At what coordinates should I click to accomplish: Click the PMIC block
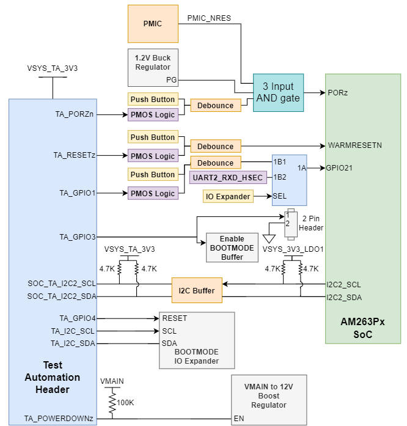(153, 23)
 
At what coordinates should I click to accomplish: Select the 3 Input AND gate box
(278, 93)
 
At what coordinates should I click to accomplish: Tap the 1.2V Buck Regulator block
(153, 67)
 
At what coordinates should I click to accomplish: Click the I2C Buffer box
(196, 290)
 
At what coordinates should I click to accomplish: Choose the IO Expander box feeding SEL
(228, 196)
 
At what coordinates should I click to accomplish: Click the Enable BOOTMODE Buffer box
(227, 248)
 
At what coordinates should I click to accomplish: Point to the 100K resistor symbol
(112, 402)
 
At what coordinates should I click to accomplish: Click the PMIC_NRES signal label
(210, 18)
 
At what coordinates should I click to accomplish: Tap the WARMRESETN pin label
(354, 145)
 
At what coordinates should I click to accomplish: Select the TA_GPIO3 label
(78, 237)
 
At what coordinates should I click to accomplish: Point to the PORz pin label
(338, 93)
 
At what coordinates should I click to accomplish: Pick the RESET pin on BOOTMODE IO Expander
(175, 318)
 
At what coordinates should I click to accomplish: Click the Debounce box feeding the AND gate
(215, 105)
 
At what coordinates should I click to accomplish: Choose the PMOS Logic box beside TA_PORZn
(153, 114)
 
